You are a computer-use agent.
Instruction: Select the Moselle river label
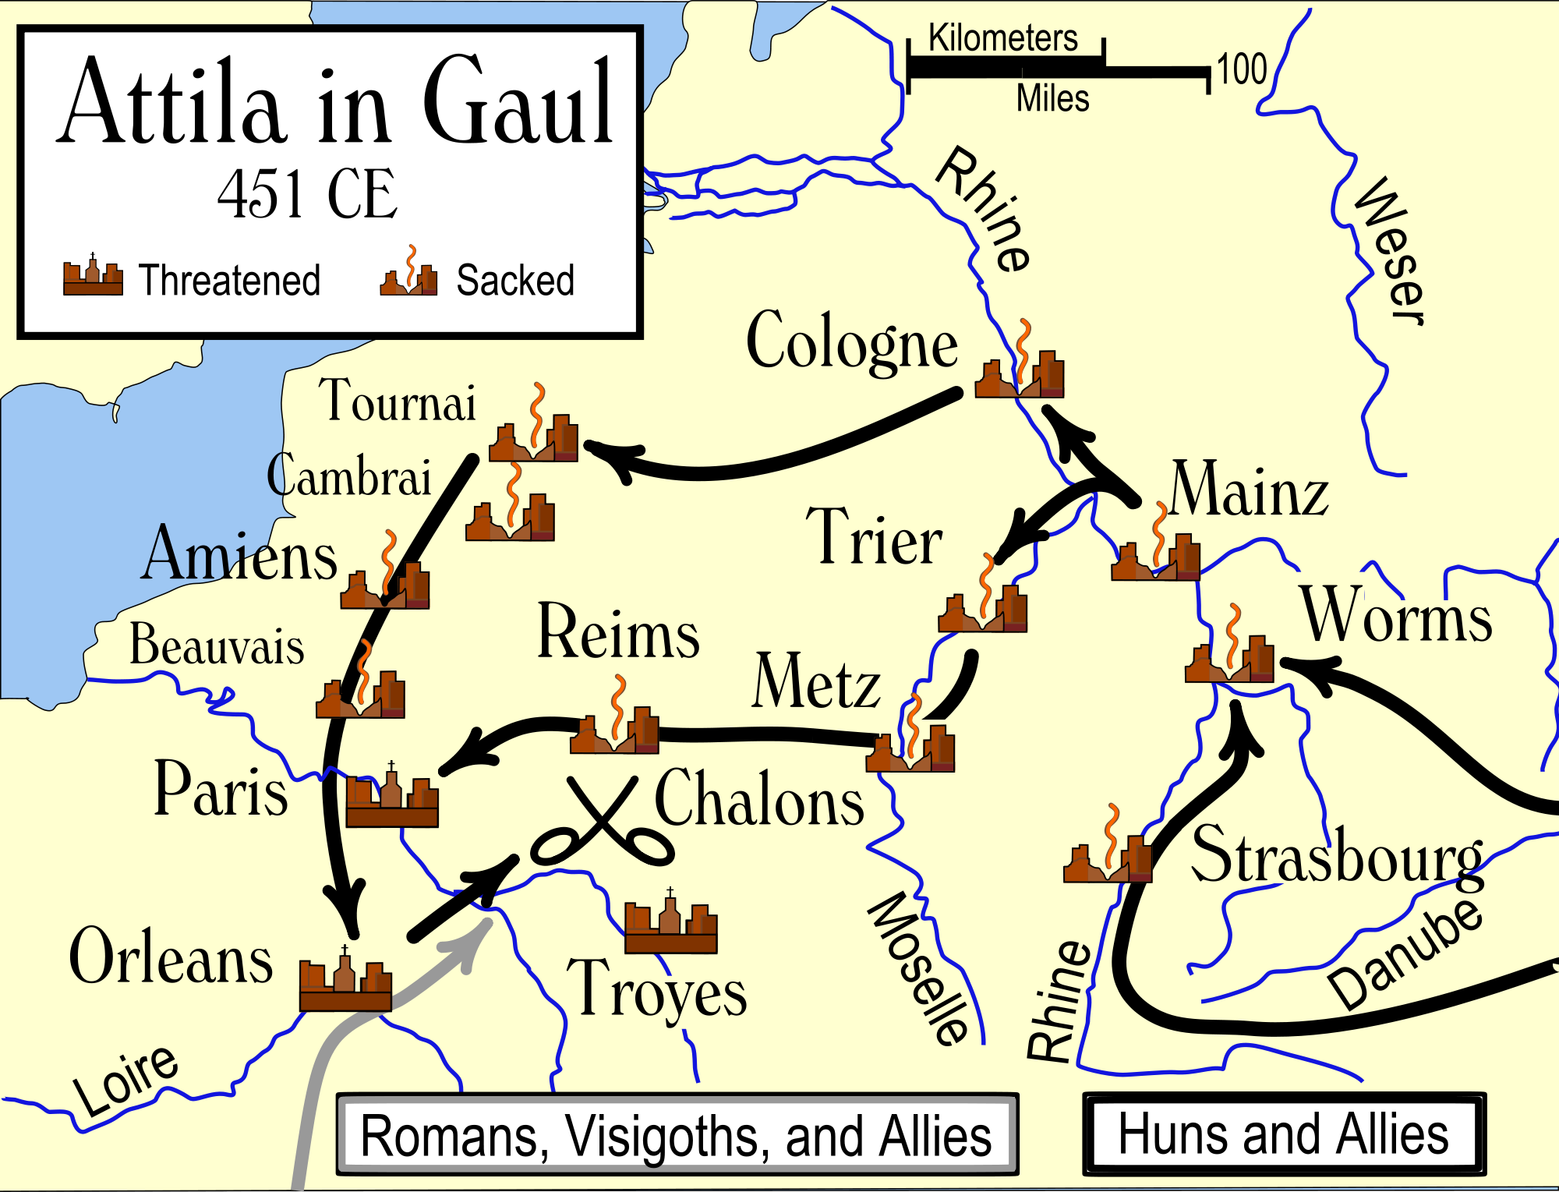pos(920,967)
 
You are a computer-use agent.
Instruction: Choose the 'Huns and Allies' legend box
pos(1284,1134)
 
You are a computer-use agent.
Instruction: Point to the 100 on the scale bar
pos(1242,70)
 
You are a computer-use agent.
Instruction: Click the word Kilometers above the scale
pos(1002,38)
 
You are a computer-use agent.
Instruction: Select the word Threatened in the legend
pos(229,281)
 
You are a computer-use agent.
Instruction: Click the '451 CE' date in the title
pos(307,195)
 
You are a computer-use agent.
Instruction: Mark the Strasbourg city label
pos(1337,856)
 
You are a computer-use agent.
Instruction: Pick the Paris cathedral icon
pos(392,799)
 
